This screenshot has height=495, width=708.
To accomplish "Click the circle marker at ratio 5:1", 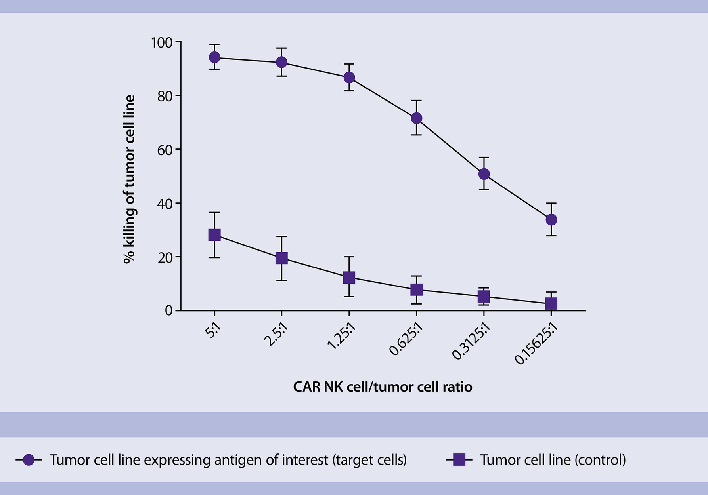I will point(214,57).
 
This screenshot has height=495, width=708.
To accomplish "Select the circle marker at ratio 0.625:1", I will point(417,118).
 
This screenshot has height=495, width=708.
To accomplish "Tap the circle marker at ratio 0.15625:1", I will point(551,219).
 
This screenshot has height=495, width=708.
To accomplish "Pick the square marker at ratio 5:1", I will point(214,235).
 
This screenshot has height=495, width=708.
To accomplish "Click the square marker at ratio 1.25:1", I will point(349,277).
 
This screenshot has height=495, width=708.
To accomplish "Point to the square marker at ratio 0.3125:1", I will point(484,296).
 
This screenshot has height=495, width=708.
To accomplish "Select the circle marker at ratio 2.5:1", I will point(281,62).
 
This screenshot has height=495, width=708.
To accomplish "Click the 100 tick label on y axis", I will point(162,42).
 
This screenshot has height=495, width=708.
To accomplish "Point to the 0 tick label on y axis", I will point(169,310).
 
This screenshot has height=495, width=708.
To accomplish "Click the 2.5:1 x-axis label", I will point(276,335).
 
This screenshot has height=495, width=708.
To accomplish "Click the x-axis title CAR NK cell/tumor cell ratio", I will point(383,387).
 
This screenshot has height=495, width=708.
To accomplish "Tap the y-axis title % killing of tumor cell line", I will point(129,179).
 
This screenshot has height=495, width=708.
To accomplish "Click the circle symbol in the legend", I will point(29,460).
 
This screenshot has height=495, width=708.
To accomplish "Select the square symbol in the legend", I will point(459,460).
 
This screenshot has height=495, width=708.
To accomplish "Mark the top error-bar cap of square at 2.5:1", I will point(281,236).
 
